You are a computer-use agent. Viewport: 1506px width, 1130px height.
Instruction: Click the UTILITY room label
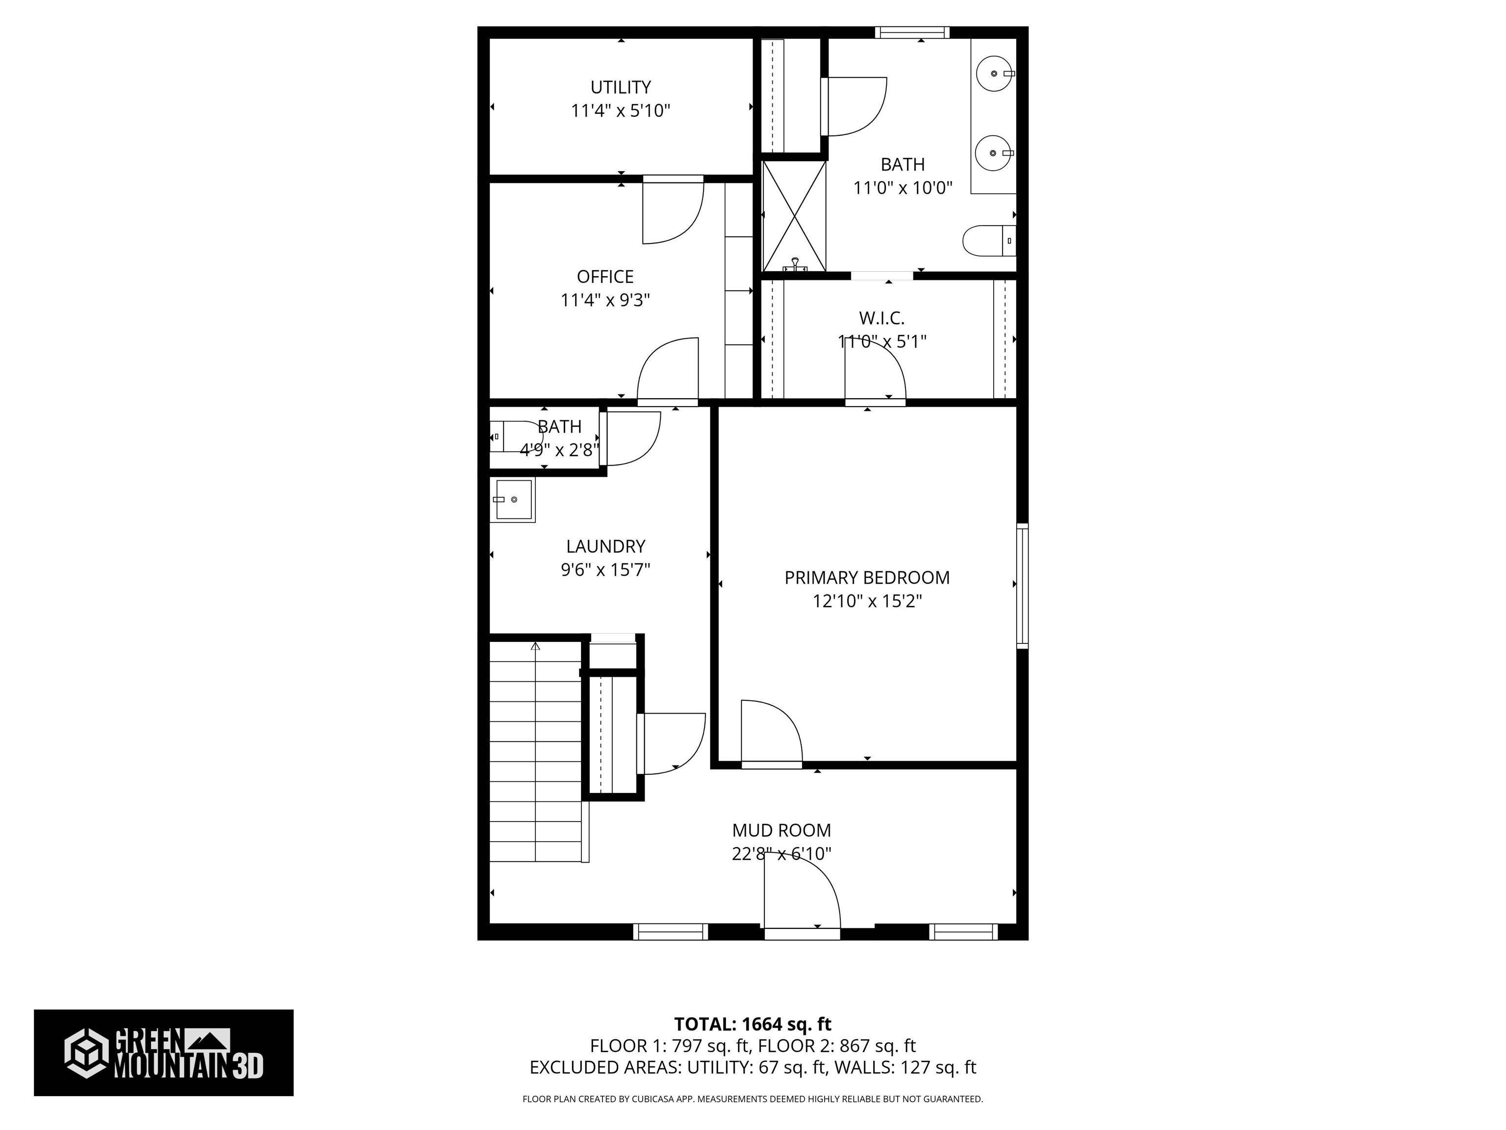tap(620, 87)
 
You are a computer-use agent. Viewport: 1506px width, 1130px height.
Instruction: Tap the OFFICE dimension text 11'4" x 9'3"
tap(605, 300)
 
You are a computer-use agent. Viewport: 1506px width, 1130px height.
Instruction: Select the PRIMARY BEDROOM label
tap(867, 578)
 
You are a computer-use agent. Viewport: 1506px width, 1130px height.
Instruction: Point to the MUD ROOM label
tap(781, 830)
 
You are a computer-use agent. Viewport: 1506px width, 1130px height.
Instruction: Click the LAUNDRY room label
tap(605, 546)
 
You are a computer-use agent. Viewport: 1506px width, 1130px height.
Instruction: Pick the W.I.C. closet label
tap(881, 318)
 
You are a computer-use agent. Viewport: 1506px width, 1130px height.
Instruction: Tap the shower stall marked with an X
tap(793, 216)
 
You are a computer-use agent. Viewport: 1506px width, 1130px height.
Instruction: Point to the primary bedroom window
tap(1022, 586)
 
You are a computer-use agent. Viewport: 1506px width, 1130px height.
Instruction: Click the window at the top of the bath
tap(912, 32)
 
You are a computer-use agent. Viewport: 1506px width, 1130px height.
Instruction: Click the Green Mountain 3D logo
tap(163, 1053)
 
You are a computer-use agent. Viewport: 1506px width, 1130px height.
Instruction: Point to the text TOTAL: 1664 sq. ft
tap(753, 1024)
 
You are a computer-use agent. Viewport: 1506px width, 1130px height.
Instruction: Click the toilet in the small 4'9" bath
tap(515, 436)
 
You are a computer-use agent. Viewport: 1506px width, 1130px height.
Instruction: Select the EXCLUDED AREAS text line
tap(753, 1067)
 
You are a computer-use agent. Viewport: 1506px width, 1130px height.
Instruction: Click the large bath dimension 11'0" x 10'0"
tap(903, 187)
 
